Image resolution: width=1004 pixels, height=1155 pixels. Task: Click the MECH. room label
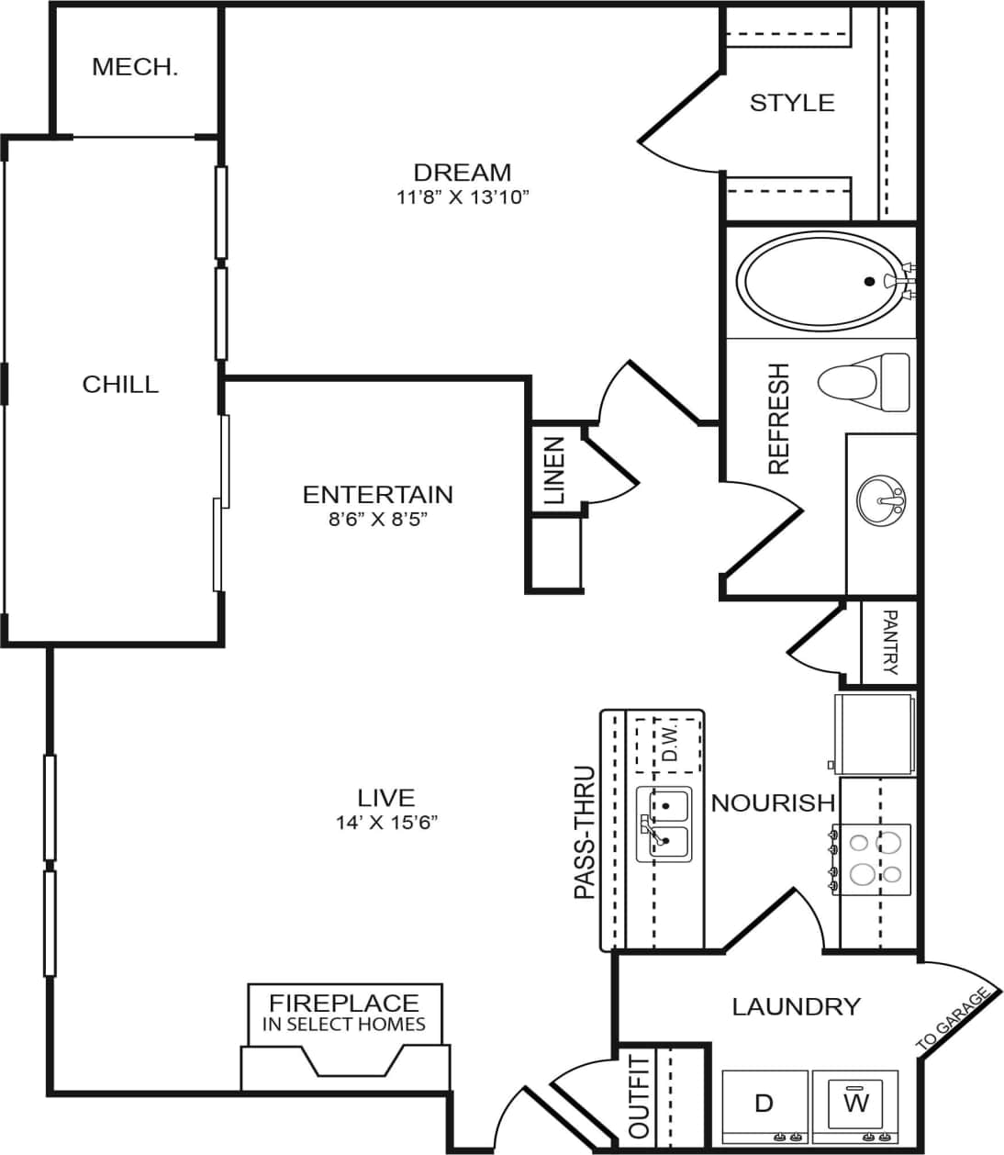click(x=135, y=67)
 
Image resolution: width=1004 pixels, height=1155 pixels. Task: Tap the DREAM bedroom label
click(x=462, y=172)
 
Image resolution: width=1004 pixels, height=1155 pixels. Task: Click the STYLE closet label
click(x=792, y=102)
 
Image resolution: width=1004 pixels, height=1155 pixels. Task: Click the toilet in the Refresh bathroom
click(x=864, y=382)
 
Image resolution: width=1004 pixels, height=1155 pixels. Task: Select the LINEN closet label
click(x=553, y=471)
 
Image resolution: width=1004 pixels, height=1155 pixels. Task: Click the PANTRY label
click(x=888, y=642)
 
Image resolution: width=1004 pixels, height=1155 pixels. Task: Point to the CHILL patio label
click(x=120, y=384)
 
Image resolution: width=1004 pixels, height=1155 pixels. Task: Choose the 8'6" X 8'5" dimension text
click(x=377, y=519)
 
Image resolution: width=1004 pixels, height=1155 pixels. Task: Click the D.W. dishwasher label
click(x=669, y=745)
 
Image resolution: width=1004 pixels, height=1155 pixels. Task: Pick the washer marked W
click(x=856, y=1102)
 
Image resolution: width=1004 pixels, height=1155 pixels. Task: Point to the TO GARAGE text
click(x=954, y=1020)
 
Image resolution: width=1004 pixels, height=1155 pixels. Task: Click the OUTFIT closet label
click(x=639, y=1098)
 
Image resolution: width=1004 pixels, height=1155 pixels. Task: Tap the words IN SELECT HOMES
click(x=344, y=1024)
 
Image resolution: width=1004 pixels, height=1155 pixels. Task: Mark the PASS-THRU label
click(x=585, y=833)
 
